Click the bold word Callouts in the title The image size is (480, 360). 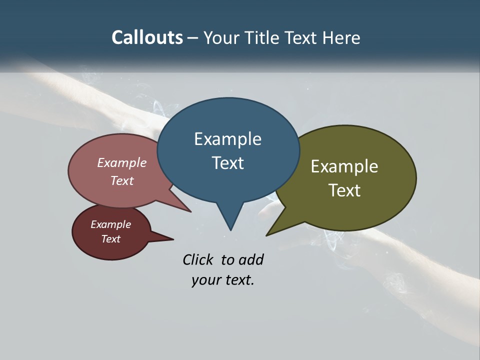point(147,37)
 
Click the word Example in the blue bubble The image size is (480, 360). point(227,139)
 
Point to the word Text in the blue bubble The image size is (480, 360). point(227,163)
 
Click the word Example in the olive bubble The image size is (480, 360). point(344,166)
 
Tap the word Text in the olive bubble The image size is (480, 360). point(344,190)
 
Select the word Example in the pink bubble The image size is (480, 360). point(121,162)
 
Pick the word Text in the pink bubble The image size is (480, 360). point(121,180)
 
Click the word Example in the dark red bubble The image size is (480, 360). point(110,224)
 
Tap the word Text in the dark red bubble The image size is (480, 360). point(110,239)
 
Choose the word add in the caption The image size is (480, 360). point(250,259)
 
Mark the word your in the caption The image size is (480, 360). point(205,280)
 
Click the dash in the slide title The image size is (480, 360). point(193,37)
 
